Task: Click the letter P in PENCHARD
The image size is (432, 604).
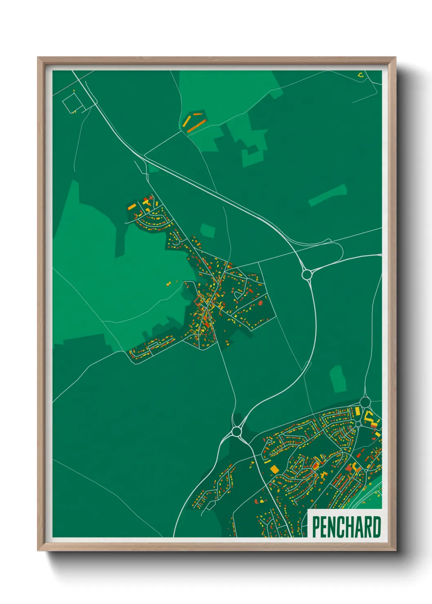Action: (316, 527)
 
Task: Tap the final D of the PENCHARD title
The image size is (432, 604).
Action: (376, 527)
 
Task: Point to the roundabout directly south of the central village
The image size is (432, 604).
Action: (236, 431)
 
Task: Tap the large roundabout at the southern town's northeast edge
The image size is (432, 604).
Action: (365, 402)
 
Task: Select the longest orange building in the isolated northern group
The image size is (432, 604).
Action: (196, 125)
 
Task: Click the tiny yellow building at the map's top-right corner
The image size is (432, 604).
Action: (360, 75)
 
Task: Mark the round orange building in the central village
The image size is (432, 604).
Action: (261, 303)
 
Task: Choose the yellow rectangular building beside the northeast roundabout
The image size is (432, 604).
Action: (357, 410)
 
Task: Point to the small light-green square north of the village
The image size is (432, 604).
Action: (207, 230)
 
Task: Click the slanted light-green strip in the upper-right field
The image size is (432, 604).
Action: (327, 195)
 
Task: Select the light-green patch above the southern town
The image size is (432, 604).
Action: (338, 379)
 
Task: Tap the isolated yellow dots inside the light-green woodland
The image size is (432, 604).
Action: (169, 283)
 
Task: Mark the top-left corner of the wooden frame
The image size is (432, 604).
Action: (38, 58)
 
